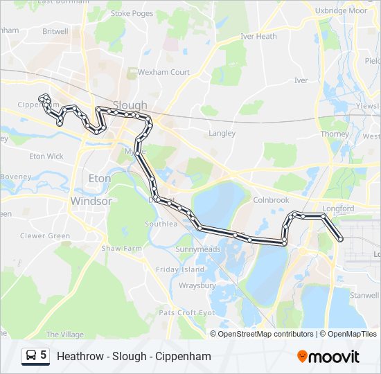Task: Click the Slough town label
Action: [x=130, y=106]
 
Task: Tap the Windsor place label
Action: [x=91, y=201]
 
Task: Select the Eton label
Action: [x=100, y=179]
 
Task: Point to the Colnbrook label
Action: [x=270, y=200]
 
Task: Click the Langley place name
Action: [x=222, y=133]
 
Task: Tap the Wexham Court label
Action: [x=163, y=72]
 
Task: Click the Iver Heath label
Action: [x=258, y=36]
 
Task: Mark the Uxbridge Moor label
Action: [x=340, y=11]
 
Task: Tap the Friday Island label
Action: [x=180, y=269]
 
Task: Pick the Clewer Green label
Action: [x=45, y=236]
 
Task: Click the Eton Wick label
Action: [x=46, y=157]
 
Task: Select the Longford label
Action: [x=338, y=208]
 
